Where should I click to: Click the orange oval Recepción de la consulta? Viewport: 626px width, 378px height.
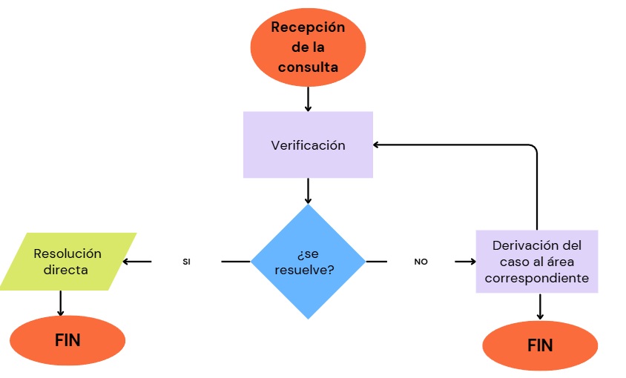click(308, 47)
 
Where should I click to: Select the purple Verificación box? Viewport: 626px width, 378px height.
click(308, 145)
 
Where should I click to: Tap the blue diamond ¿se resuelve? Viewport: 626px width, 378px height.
click(308, 262)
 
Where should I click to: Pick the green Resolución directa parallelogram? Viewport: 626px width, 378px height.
click(67, 261)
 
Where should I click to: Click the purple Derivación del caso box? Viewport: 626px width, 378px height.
click(536, 262)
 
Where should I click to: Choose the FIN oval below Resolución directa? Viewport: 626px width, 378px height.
click(67, 341)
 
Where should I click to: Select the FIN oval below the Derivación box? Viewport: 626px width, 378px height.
click(540, 345)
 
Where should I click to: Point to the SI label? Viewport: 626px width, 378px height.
click(186, 262)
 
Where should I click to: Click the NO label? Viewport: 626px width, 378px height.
click(421, 262)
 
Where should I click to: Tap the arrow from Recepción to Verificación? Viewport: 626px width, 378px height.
click(308, 98)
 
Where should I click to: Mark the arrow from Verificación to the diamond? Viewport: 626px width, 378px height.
click(308, 190)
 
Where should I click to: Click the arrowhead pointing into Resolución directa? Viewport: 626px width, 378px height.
click(127, 262)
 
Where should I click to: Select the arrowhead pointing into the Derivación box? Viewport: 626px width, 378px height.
click(471, 262)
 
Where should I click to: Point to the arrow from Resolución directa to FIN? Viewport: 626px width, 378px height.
click(60, 303)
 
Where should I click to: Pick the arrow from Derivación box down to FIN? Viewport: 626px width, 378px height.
click(540, 307)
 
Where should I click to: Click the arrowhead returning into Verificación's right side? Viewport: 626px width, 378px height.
click(378, 145)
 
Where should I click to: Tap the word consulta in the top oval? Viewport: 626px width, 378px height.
click(308, 67)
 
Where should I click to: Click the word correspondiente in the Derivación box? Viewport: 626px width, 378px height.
click(536, 279)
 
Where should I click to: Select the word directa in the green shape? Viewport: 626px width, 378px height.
click(65, 270)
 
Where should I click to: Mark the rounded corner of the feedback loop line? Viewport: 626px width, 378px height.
click(533, 148)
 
